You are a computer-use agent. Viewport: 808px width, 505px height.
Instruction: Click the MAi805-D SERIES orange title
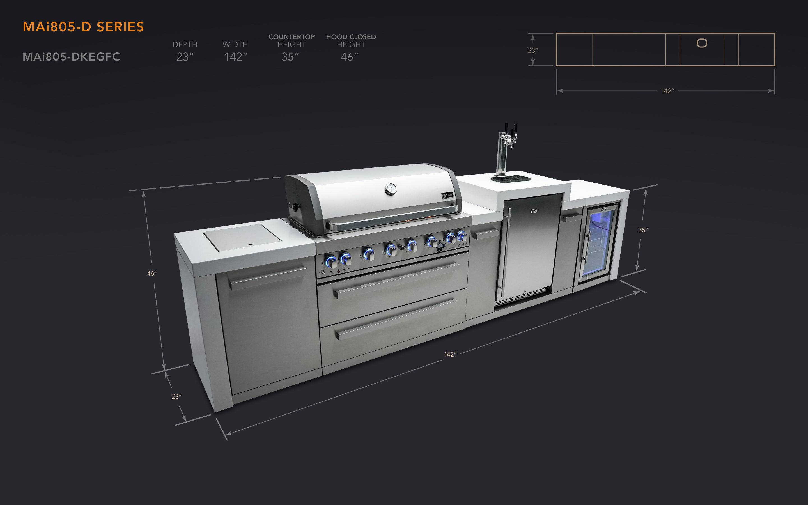tap(83, 27)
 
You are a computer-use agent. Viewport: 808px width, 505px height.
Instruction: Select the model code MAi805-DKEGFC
tap(71, 57)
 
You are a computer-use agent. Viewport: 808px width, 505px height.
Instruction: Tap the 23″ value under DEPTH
tap(185, 57)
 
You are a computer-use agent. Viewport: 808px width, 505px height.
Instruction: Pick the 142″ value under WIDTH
tap(235, 57)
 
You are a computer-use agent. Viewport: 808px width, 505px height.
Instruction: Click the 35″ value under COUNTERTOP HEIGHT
tap(290, 57)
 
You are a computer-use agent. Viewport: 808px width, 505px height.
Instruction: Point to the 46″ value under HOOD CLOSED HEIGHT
tap(349, 57)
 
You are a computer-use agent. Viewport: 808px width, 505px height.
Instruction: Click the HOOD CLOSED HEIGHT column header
tap(351, 40)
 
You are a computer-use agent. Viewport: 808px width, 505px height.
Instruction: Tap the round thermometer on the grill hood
tap(390, 189)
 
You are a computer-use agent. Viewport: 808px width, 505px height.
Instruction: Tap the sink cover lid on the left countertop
tap(243, 237)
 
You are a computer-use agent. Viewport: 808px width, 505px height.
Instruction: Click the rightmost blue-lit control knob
tap(462, 236)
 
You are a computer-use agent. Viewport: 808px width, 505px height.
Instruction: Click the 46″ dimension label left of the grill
tap(151, 274)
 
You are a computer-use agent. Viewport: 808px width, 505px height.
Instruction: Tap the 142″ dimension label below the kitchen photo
tap(450, 354)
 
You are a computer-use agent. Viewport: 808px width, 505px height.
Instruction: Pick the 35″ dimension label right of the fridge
tap(643, 230)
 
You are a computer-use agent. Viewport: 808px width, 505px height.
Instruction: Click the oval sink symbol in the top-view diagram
tap(702, 43)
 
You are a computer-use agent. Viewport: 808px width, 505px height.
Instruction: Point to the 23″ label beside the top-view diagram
tap(532, 50)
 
